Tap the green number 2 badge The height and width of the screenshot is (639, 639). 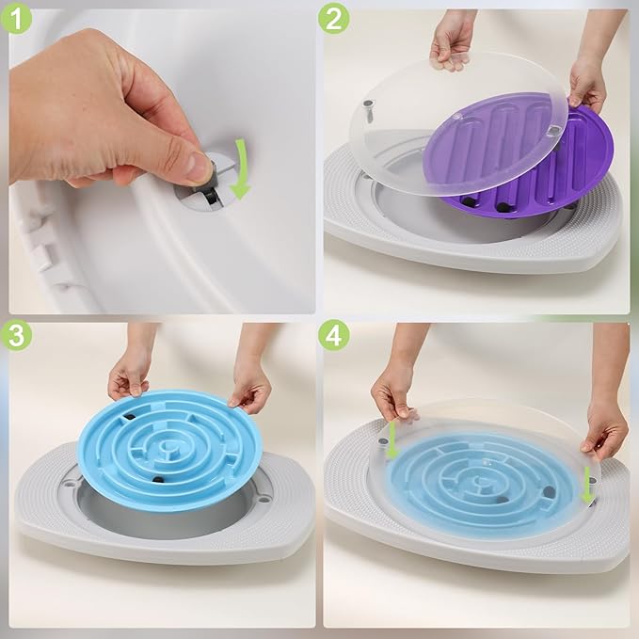[333, 19]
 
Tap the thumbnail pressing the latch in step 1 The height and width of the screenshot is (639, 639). [197, 167]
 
